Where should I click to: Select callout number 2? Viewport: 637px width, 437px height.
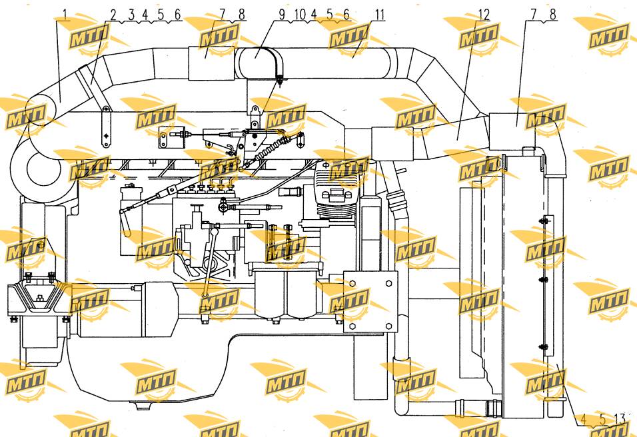click(x=113, y=15)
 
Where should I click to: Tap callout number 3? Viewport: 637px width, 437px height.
click(x=131, y=15)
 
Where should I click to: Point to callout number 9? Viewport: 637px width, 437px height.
click(x=283, y=15)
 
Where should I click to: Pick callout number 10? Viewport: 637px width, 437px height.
click(x=300, y=15)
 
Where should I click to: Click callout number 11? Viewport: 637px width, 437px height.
click(x=379, y=15)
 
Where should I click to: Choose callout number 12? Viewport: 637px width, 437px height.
click(x=484, y=15)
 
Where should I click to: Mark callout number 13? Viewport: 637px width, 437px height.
click(x=620, y=418)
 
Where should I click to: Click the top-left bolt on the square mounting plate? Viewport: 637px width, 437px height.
click(x=352, y=282)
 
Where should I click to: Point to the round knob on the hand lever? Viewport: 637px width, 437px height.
click(x=127, y=234)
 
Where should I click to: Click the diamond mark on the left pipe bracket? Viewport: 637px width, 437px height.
click(x=106, y=137)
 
